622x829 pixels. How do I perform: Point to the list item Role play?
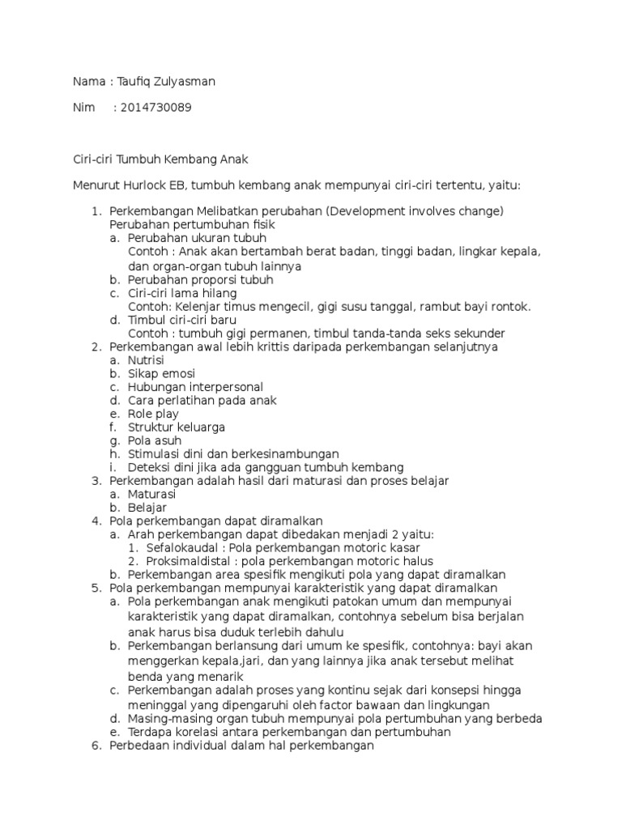pos(153,414)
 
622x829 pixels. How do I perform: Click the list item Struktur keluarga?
pos(176,427)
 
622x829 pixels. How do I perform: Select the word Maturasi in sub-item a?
pos(152,494)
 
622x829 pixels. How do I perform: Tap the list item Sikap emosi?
pos(160,374)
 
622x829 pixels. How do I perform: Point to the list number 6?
pos(95,746)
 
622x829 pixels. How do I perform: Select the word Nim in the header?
pos(84,108)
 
